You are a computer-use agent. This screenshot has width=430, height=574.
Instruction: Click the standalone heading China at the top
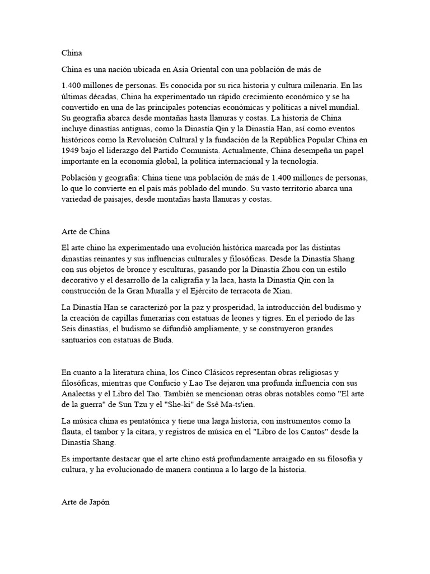[x=72, y=53]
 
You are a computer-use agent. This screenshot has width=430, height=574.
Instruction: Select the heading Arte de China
[x=86, y=231]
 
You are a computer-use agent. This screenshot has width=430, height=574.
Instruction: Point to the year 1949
[x=71, y=151]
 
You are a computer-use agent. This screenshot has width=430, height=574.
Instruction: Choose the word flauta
[x=72, y=432]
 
